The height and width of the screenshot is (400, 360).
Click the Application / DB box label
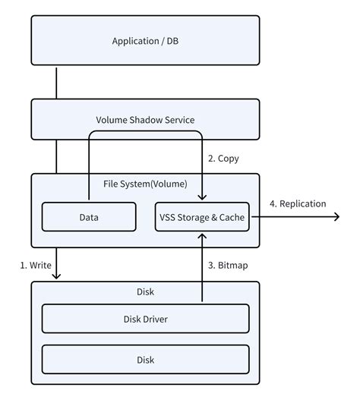click(145, 40)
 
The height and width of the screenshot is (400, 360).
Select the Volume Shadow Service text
click(145, 120)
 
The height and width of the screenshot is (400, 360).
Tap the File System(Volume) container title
click(145, 183)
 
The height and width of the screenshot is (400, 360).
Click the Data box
click(88, 217)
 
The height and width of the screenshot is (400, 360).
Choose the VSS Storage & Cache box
click(203, 217)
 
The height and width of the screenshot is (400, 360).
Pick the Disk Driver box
click(145, 319)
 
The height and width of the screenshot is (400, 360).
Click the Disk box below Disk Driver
click(145, 360)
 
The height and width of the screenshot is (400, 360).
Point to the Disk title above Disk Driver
click(145, 291)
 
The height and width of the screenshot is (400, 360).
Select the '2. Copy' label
click(223, 159)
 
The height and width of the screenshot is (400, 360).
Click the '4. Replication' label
click(297, 203)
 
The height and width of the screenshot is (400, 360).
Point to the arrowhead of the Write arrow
click(57, 276)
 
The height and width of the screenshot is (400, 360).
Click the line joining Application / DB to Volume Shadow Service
click(57, 83)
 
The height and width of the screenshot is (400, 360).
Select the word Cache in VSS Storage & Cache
click(232, 217)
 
